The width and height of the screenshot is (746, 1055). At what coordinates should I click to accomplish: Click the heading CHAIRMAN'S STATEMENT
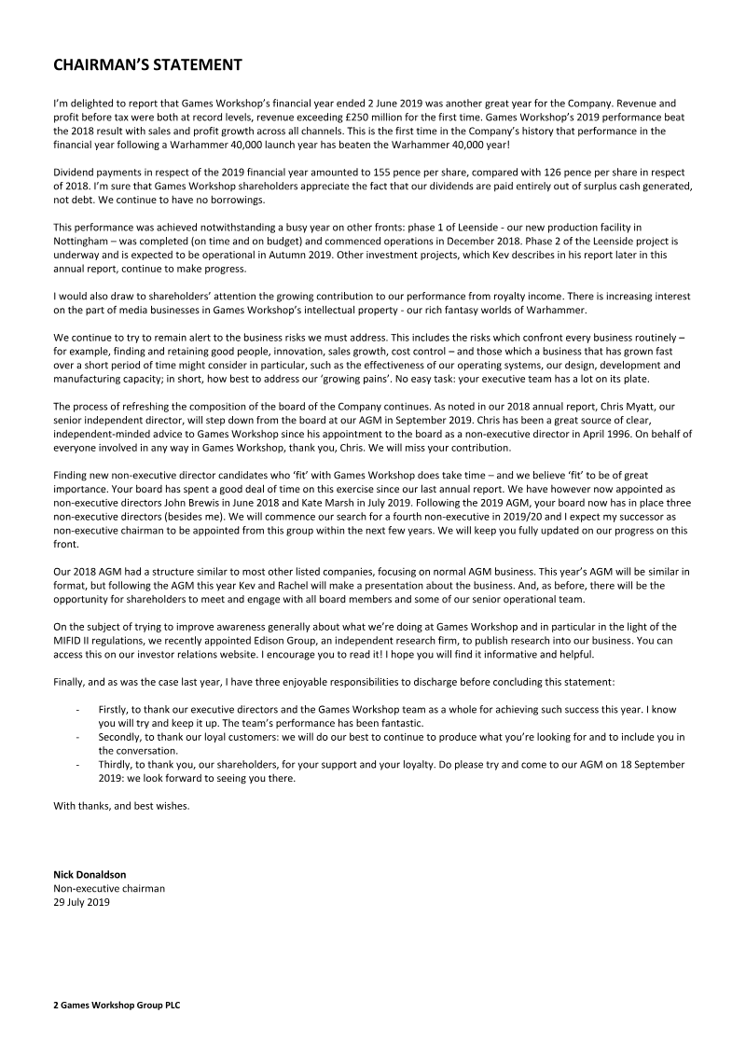[148, 64]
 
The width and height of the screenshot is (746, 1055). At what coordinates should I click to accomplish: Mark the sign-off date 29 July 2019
[82, 902]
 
